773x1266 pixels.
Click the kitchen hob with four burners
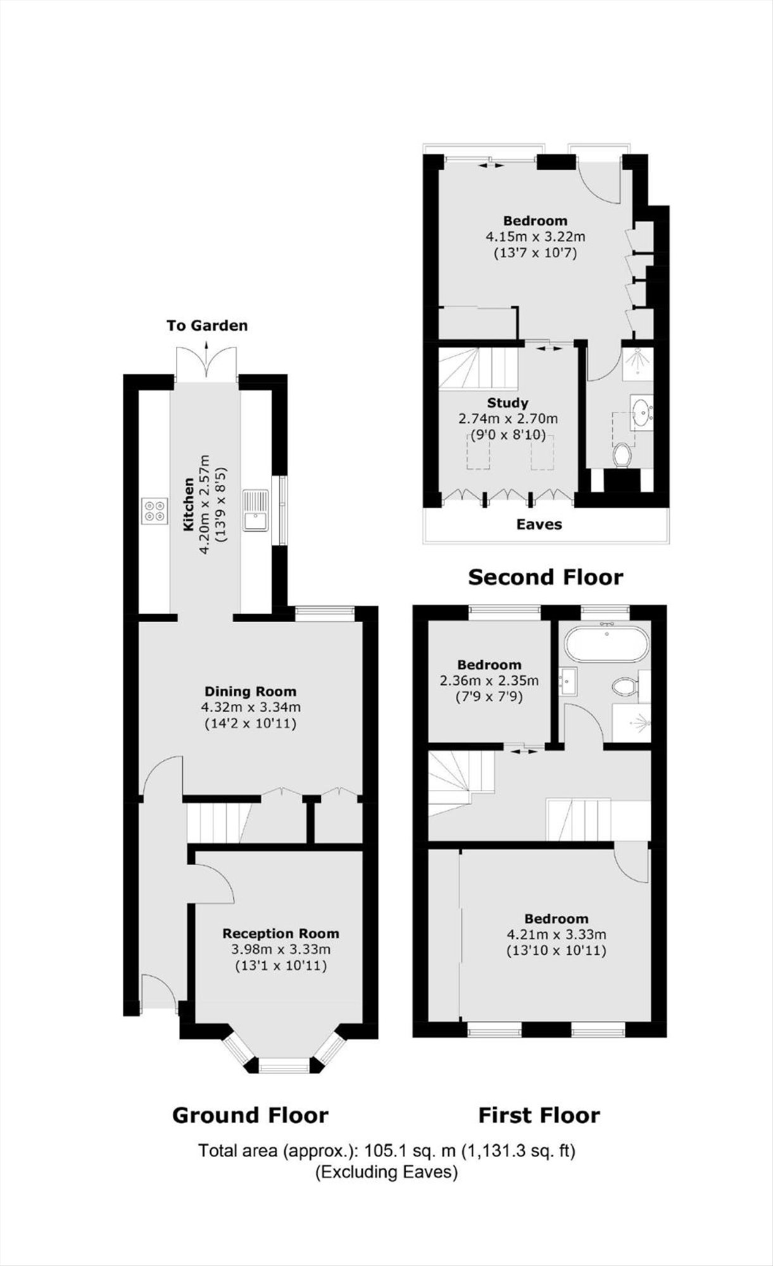pyautogui.click(x=155, y=511)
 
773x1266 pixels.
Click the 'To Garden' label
pyautogui.click(x=207, y=326)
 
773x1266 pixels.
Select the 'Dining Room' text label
pyautogui.click(x=250, y=692)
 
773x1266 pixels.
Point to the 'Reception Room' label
pyautogui.click(x=280, y=934)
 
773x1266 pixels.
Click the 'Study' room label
pyautogui.click(x=508, y=403)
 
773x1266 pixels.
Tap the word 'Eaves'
pyautogui.click(x=539, y=524)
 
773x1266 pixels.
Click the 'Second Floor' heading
pyautogui.click(x=545, y=577)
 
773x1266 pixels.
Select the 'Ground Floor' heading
pyautogui.click(x=250, y=1115)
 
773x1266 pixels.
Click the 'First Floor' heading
pyautogui.click(x=539, y=1115)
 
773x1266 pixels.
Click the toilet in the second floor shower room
pyautogui.click(x=623, y=455)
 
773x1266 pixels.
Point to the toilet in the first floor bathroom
pyautogui.click(x=624, y=686)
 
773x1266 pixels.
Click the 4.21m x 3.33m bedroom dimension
pyautogui.click(x=556, y=934)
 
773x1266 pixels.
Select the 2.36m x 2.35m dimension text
pyautogui.click(x=489, y=681)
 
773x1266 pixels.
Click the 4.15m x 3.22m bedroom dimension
pyautogui.click(x=535, y=237)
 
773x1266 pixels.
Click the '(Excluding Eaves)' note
pyautogui.click(x=386, y=1172)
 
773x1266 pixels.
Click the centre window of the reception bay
pyautogui.click(x=283, y=1067)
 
